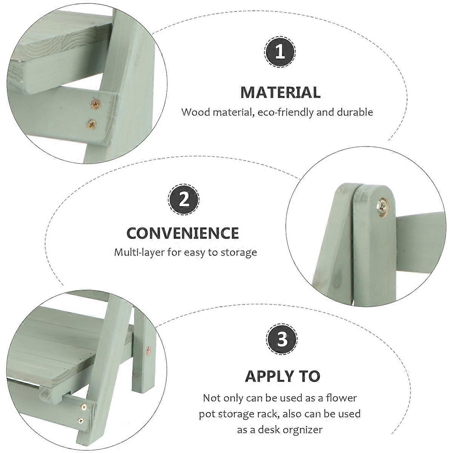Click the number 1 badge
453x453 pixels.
280,52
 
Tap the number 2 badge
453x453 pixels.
183,199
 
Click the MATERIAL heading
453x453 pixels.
280,92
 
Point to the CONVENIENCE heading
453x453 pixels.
183,233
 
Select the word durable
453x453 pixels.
355,112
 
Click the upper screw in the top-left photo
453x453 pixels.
96,104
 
